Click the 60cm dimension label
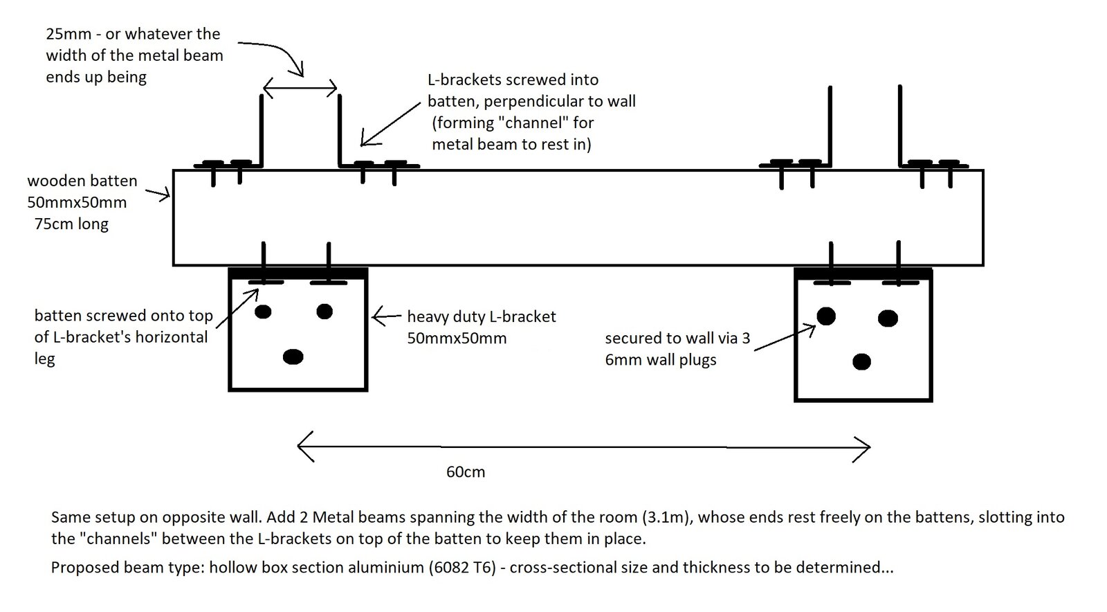pos(466,472)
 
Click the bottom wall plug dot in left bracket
pos(293,357)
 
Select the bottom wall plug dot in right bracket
pos(861,361)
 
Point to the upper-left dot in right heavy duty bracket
pos(826,316)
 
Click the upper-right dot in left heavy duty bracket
pos(324,312)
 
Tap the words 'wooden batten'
pos(82,181)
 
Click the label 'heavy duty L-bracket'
pos(482,317)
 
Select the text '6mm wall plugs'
pos(661,360)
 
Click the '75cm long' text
pos(72,224)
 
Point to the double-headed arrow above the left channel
pos(300,88)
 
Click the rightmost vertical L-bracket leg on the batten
pos(899,125)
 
